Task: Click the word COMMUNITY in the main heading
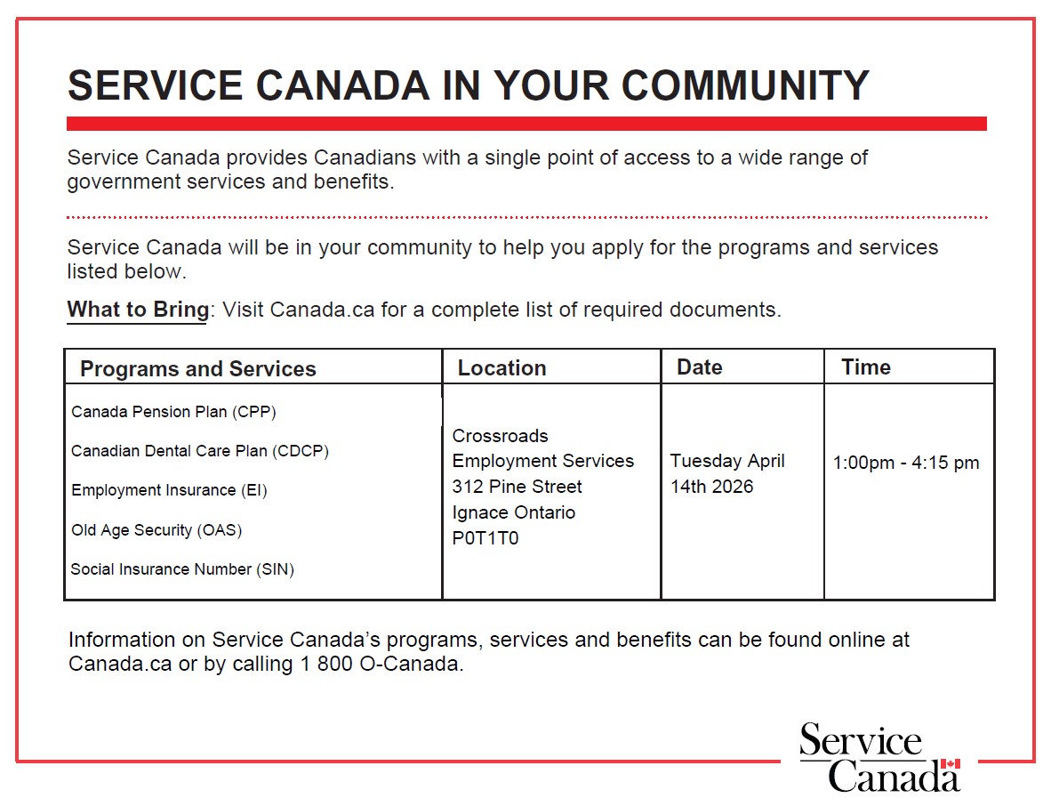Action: tap(744, 85)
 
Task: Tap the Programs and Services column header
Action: tap(197, 369)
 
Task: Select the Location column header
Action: tap(501, 368)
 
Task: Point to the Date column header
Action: tap(699, 367)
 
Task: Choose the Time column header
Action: tap(865, 367)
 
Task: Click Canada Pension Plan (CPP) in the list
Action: tap(173, 412)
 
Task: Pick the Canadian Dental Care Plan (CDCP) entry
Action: tap(199, 451)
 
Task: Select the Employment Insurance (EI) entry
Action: tap(169, 490)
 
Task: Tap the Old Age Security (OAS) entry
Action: tap(156, 530)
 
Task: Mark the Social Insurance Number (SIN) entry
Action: tap(182, 569)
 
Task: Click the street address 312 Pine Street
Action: tap(517, 487)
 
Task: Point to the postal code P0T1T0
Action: tap(485, 538)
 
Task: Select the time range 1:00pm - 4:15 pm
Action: tap(906, 463)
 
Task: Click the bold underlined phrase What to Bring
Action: tap(138, 310)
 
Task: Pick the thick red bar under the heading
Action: tap(526, 124)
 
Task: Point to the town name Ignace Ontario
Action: tap(513, 512)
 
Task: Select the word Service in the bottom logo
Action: tap(860, 741)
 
